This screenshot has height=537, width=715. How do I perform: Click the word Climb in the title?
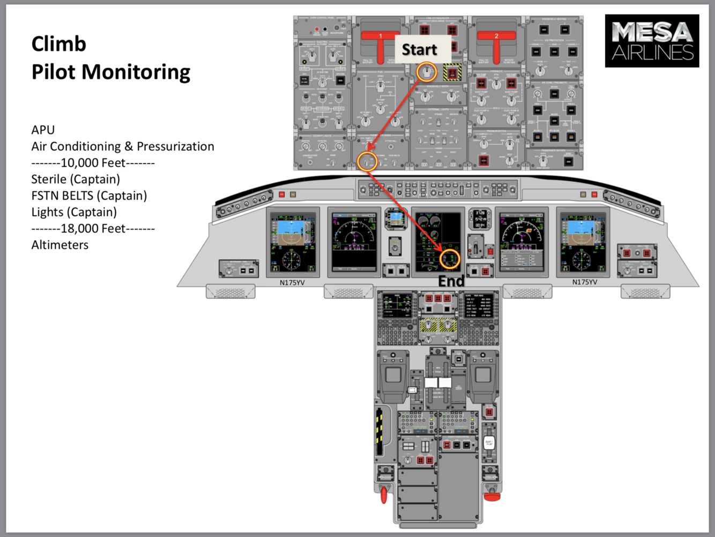[58, 44]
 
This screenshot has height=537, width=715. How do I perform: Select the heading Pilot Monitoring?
[111, 72]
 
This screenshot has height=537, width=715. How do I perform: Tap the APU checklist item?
[43, 130]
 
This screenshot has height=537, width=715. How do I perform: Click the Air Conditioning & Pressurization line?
[123, 146]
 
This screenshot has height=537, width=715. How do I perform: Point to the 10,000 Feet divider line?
[93, 163]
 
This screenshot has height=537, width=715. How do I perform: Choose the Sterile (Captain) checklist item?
[76, 179]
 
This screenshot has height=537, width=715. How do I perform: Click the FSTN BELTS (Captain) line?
[89, 196]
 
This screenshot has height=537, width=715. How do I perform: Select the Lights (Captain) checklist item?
[74, 212]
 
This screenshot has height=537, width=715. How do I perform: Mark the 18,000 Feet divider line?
[93, 229]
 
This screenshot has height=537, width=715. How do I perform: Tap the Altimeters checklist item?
[60, 245]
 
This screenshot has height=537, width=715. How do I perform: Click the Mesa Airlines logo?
[652, 41]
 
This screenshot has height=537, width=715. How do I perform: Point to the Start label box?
[420, 49]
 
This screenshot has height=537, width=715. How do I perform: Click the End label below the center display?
[451, 281]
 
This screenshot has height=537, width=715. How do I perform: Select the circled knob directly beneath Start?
[427, 72]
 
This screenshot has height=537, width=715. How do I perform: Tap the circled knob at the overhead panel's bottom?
[367, 161]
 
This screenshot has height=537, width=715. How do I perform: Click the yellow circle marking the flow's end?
[450, 259]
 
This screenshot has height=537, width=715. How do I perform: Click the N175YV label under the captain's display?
[292, 282]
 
